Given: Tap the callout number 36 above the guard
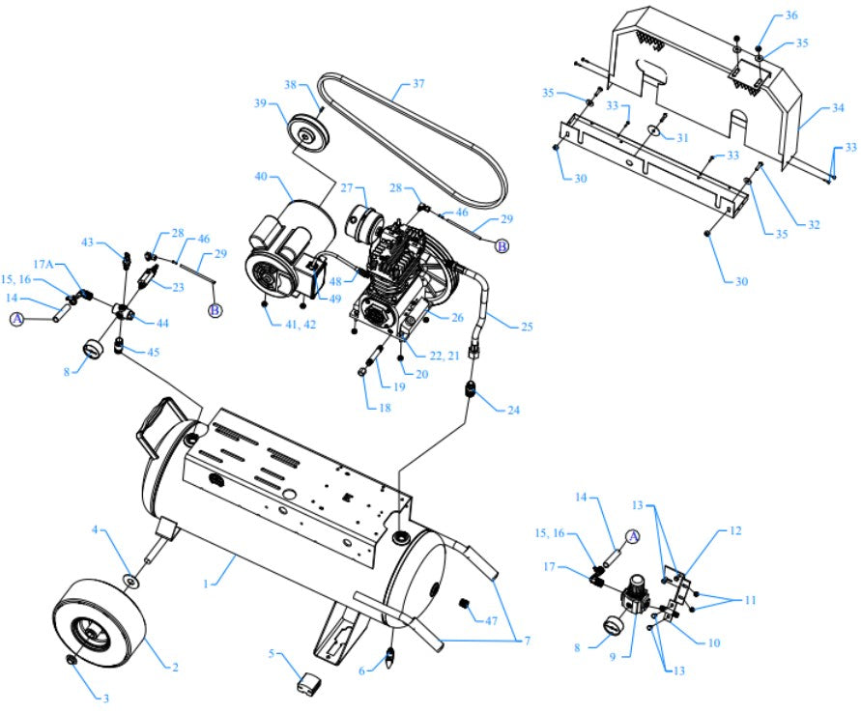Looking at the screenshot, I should coord(791,15).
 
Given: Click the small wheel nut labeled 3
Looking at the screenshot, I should coord(72,659).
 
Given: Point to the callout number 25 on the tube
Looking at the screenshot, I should coord(527,326).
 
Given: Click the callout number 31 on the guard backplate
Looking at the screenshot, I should coord(683,137).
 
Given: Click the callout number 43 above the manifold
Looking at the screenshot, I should coord(86,242).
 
